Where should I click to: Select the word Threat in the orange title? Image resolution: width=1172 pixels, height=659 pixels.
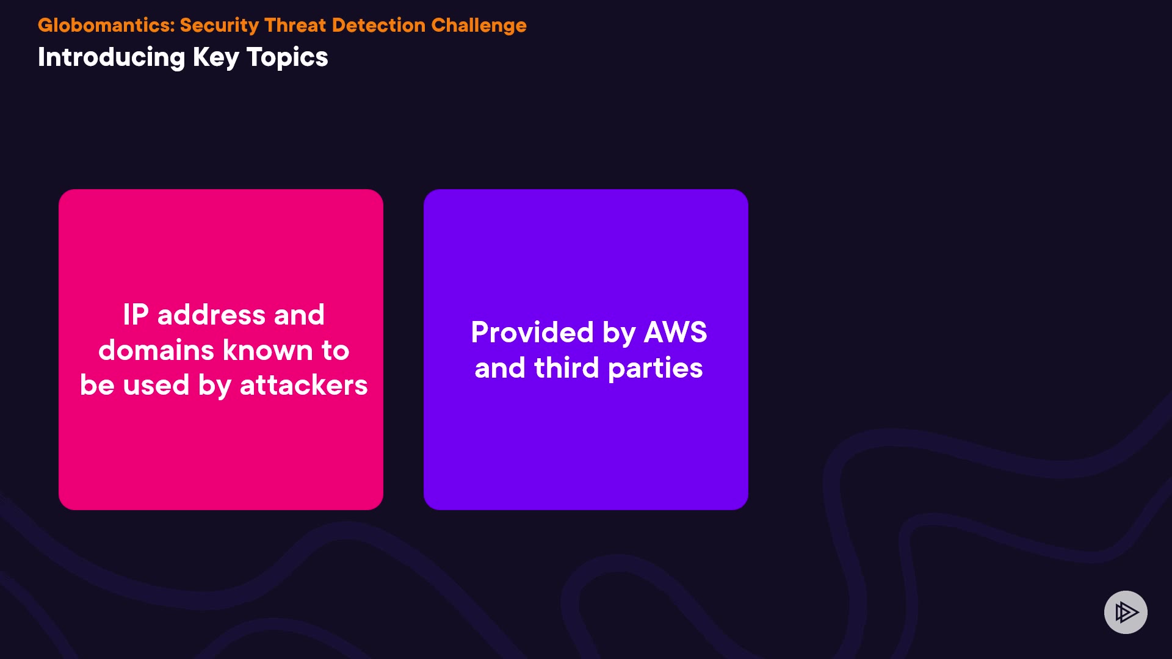(x=295, y=26)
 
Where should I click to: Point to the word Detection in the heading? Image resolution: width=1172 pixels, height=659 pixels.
(x=378, y=26)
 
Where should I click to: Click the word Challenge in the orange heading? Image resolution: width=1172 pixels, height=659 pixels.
(x=479, y=26)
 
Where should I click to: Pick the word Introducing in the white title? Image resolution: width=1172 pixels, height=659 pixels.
(x=111, y=57)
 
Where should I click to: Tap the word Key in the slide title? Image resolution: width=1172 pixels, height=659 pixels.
(x=216, y=58)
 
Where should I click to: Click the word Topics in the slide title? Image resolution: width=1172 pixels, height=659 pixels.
(x=287, y=58)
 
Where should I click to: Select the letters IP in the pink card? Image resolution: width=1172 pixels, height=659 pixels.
(x=136, y=315)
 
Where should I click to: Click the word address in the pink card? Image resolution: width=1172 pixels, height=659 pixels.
(x=211, y=315)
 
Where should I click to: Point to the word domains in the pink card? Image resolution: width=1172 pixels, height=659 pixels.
(x=156, y=350)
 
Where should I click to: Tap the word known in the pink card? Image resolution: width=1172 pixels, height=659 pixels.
(x=268, y=350)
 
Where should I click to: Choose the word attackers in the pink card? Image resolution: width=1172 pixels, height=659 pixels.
(x=303, y=386)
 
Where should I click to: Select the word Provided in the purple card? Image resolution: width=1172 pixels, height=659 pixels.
(x=532, y=333)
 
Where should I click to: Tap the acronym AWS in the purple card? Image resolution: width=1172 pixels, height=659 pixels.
(x=675, y=333)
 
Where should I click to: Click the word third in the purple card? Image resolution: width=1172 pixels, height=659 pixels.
(x=566, y=368)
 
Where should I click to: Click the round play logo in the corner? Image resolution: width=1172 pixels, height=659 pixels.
(x=1126, y=612)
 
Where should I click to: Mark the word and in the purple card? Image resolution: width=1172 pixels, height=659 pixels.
(x=500, y=368)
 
